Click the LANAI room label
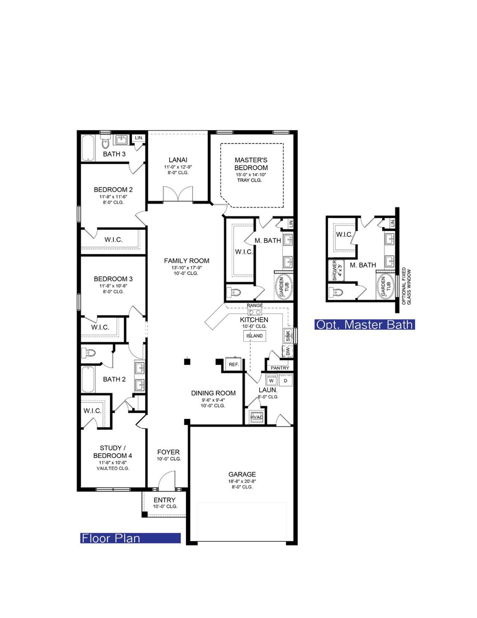click(x=178, y=160)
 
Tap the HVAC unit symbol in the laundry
click(x=257, y=417)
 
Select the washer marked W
click(x=271, y=381)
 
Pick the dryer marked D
click(x=286, y=381)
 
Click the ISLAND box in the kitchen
click(x=255, y=335)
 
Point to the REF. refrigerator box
click(x=234, y=364)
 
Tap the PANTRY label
click(x=280, y=368)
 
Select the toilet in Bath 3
click(x=105, y=143)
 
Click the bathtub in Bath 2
click(x=88, y=379)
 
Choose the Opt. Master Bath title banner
click(x=364, y=324)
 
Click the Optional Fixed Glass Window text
click(x=406, y=286)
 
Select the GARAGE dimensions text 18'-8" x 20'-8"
click(x=242, y=481)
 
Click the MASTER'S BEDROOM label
click(x=251, y=164)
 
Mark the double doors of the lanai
click(x=177, y=194)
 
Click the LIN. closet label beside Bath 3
click(x=139, y=138)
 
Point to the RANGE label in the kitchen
click(x=255, y=305)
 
